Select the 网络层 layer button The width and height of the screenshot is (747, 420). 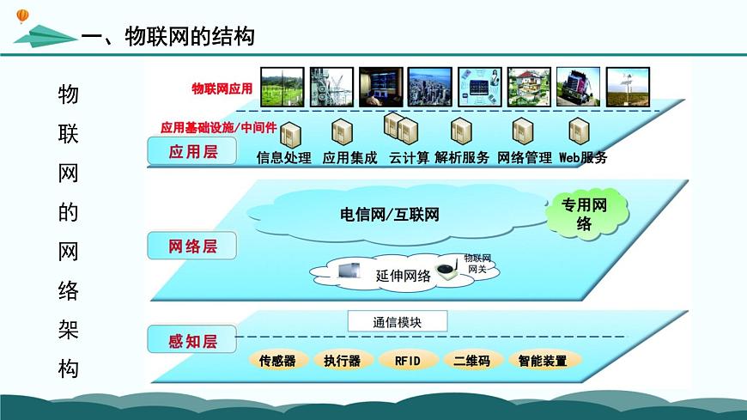(192, 247)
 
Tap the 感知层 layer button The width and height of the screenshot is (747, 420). (192, 341)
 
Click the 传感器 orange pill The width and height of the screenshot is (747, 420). (277, 361)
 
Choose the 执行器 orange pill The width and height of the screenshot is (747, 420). (342, 361)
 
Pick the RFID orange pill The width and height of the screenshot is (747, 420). (407, 361)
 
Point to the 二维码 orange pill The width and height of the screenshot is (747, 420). (471, 361)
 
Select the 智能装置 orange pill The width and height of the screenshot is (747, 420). (543, 361)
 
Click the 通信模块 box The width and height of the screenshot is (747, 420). (398, 323)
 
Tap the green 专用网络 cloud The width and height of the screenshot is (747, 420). (584, 215)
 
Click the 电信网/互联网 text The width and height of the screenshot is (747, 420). (389, 215)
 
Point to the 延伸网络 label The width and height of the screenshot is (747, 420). (404, 277)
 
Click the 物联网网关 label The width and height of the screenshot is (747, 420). (477, 264)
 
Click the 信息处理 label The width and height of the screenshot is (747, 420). (284, 158)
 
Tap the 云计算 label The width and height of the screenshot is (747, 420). (409, 158)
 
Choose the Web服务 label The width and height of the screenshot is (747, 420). (583, 158)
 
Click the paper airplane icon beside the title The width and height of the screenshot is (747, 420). (45, 36)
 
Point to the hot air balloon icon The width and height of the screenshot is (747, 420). (22, 15)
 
